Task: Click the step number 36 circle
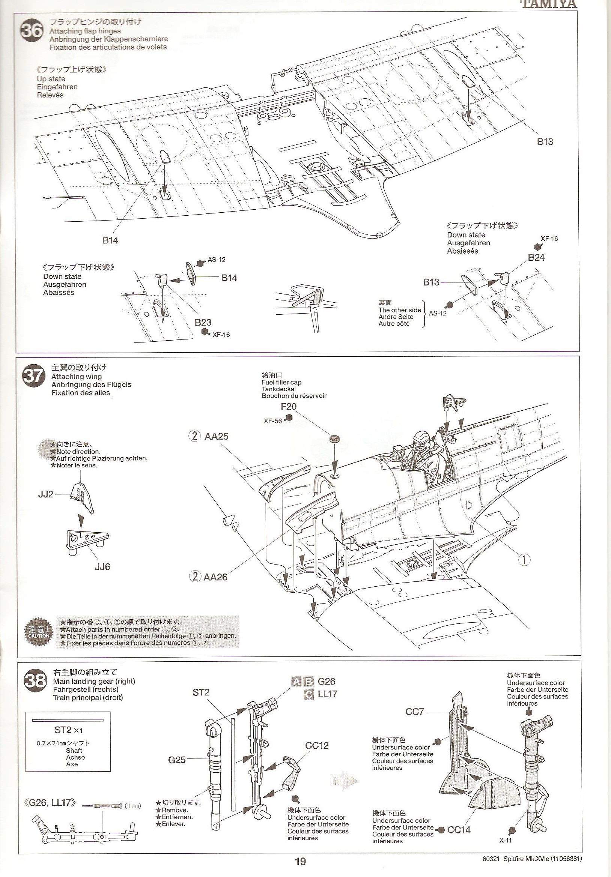[33, 30]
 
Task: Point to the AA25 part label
[216, 436]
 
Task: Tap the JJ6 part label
[102, 566]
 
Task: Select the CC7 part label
[415, 712]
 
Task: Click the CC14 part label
[459, 827]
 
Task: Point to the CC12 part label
[317, 745]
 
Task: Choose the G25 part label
[177, 760]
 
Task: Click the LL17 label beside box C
[328, 694]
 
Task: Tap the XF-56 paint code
[273, 421]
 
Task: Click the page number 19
[300, 869]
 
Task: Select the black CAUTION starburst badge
[39, 632]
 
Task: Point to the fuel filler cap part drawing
[336, 439]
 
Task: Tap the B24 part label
[536, 257]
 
